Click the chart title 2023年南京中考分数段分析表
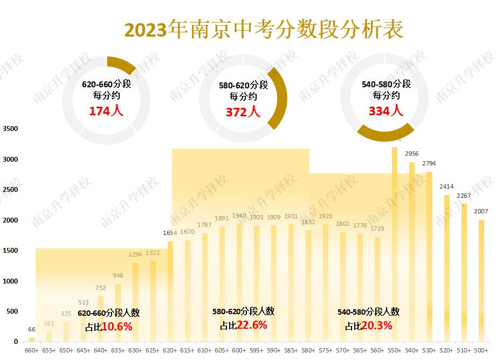(x=264, y=30)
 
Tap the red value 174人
(x=106, y=111)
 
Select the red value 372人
(x=243, y=112)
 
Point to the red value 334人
(x=385, y=110)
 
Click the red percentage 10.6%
(x=117, y=327)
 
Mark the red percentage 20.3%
(x=376, y=326)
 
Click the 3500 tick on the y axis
(x=10, y=129)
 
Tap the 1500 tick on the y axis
(x=10, y=251)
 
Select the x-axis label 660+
(x=32, y=350)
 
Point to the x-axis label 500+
(x=481, y=350)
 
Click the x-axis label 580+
(x=308, y=350)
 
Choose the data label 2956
(x=411, y=154)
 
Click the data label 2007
(x=481, y=211)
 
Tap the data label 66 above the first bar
(x=32, y=329)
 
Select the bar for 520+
(x=446, y=269)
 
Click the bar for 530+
(x=429, y=259)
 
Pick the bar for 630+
(x=135, y=302)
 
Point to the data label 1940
(x=239, y=216)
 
